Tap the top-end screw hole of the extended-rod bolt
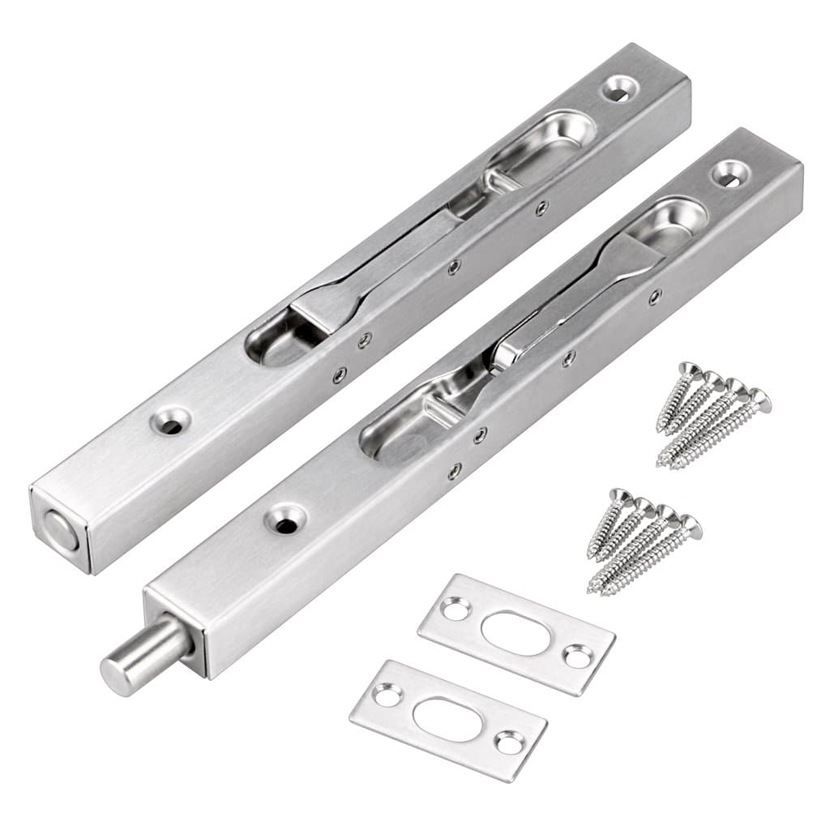pos(732,172)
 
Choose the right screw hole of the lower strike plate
pos(510,741)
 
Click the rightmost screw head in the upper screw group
pos(759,398)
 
